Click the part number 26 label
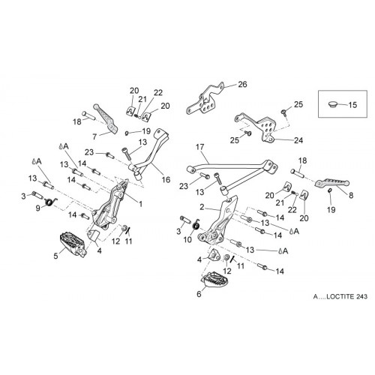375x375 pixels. (x=242, y=85)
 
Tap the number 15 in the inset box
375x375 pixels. (x=352, y=105)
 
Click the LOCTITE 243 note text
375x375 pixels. (x=340, y=296)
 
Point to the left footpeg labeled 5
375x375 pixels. (x=73, y=244)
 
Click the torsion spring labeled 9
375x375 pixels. (x=51, y=202)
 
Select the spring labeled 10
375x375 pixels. (x=196, y=225)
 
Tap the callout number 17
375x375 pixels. (x=199, y=147)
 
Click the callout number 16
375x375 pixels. (x=166, y=179)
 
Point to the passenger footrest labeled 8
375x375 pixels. (x=331, y=184)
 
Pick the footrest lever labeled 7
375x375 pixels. (x=105, y=118)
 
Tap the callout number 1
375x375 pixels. (x=141, y=204)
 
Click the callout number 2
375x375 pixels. (x=202, y=207)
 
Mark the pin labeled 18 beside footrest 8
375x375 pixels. (x=298, y=173)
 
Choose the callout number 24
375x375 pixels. (x=298, y=140)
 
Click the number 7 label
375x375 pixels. (x=94, y=136)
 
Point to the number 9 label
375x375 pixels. (x=37, y=208)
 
